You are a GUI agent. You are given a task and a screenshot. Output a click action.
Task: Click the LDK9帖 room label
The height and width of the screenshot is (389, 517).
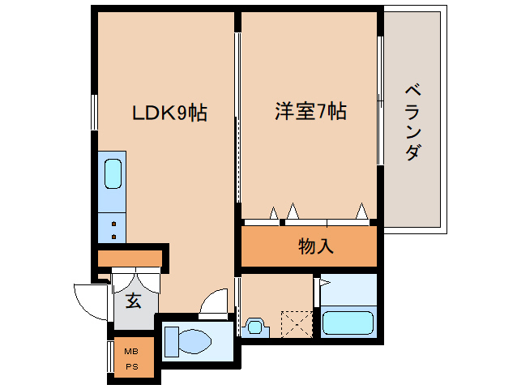169,113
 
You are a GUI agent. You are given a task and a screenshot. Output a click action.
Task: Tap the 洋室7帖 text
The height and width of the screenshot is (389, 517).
310,113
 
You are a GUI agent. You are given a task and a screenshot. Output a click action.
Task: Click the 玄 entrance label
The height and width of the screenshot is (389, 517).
134,301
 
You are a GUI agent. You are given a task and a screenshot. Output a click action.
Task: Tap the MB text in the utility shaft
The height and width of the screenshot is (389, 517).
130,351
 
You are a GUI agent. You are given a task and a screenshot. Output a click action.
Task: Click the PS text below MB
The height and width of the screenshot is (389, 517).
130,366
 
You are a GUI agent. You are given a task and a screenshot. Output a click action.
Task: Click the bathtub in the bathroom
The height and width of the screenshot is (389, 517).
348,323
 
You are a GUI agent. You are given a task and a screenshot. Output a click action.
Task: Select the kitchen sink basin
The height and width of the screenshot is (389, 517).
113,173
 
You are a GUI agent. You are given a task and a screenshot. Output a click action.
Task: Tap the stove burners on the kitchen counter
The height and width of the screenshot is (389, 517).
113,227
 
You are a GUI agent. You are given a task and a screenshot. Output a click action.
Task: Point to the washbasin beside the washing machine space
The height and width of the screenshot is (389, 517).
254,327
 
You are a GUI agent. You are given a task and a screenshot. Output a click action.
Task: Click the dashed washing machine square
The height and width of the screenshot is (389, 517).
296,324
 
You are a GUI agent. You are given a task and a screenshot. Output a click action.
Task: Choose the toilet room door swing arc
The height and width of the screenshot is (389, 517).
216,301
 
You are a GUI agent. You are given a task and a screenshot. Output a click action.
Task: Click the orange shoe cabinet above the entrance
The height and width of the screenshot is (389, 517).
130,259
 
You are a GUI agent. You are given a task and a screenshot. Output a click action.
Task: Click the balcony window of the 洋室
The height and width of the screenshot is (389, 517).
379,101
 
